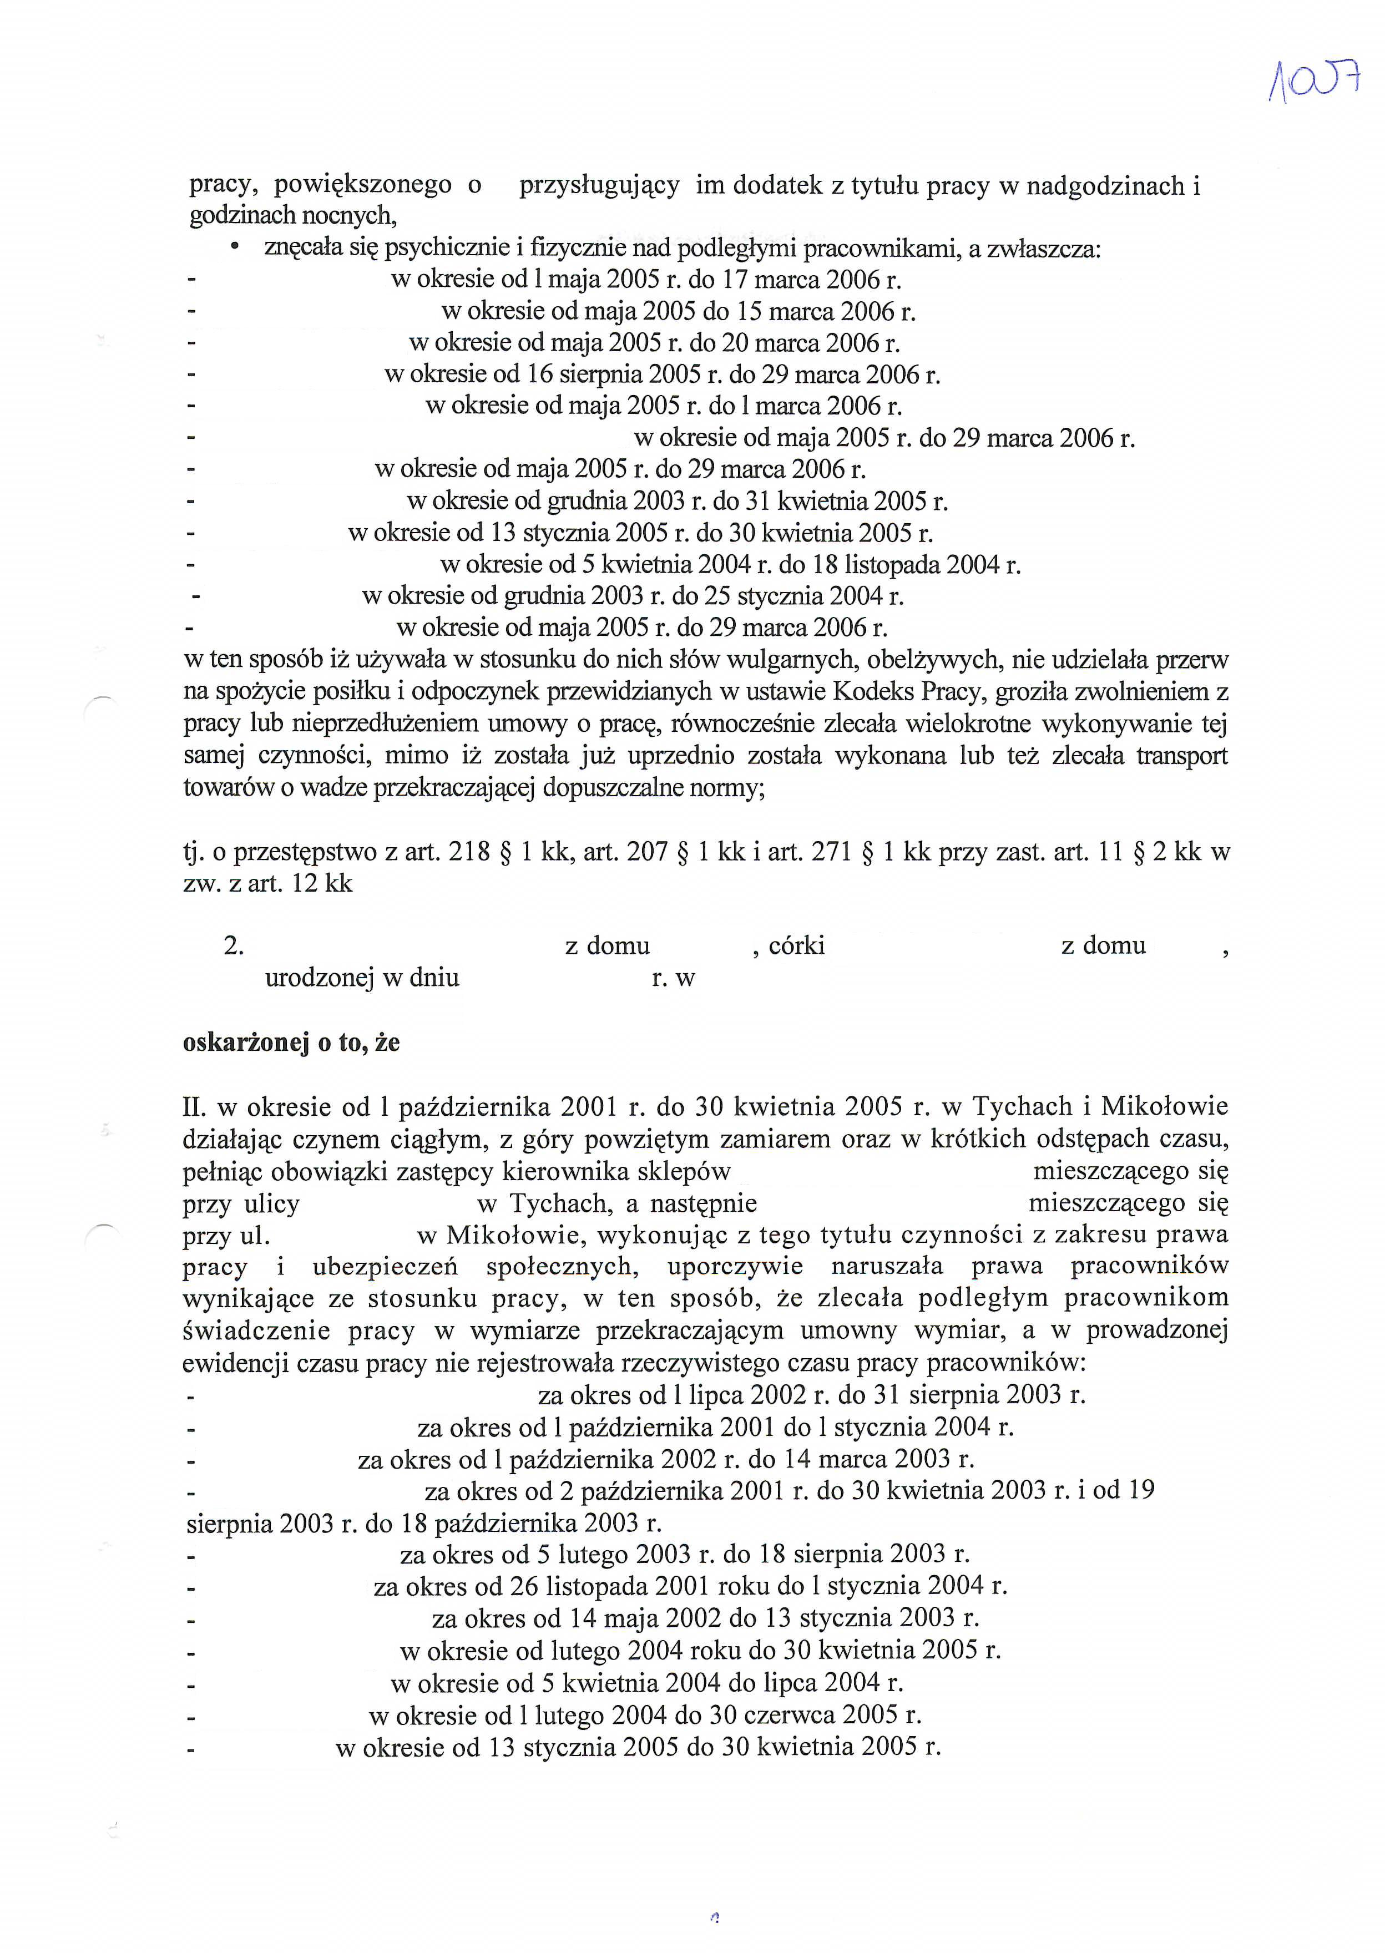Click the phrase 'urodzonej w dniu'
(362, 978)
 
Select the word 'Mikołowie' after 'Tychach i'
(1165, 1107)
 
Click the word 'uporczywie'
(735, 1267)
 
